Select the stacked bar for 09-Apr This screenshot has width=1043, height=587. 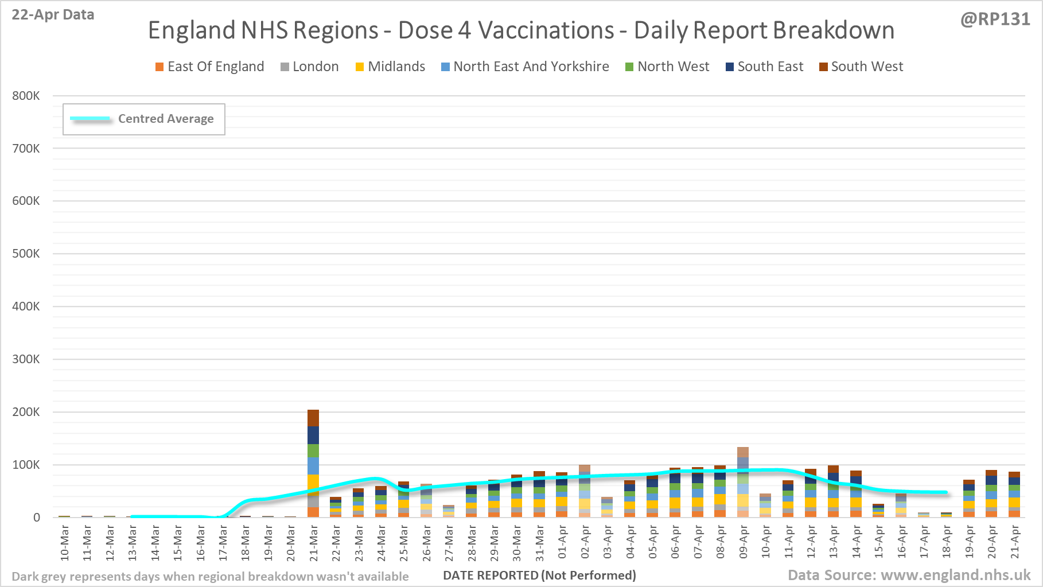pyautogui.click(x=743, y=482)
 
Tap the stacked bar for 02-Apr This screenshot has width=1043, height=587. pyautogui.click(x=585, y=491)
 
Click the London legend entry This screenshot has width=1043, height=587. pyautogui.click(x=309, y=67)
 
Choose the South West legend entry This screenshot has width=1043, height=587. pyautogui.click(x=861, y=67)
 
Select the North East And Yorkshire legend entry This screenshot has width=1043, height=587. pyautogui.click(x=525, y=67)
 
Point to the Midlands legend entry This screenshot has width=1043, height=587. pyautogui.click(x=390, y=67)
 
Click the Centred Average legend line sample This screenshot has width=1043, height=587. pyautogui.click(x=90, y=119)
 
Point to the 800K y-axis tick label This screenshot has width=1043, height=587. pyautogui.click(x=26, y=96)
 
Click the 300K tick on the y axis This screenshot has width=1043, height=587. pyautogui.click(x=26, y=359)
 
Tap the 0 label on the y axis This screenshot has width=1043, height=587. pyautogui.click(x=36, y=518)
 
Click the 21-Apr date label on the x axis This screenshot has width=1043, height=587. pyautogui.click(x=1015, y=543)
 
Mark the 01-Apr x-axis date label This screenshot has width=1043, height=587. pyautogui.click(x=562, y=543)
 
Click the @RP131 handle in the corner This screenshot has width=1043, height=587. pyautogui.click(x=995, y=20)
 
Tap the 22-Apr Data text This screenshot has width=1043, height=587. pyautogui.click(x=53, y=15)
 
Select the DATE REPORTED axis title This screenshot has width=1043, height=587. pyautogui.click(x=539, y=575)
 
